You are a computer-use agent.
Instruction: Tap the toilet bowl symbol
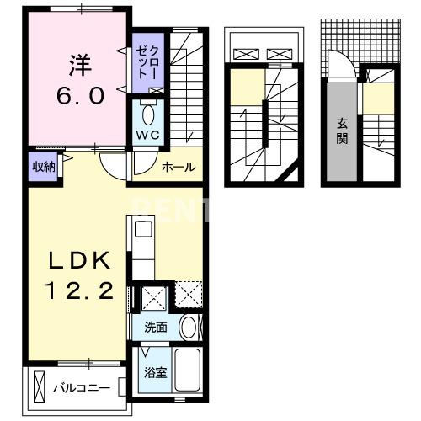coord(148,112)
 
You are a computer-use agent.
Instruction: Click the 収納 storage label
coord(45,166)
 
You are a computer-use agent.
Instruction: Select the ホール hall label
coord(179,168)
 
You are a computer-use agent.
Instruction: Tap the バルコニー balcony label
coord(83,388)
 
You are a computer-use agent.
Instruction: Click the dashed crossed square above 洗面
coord(187,295)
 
